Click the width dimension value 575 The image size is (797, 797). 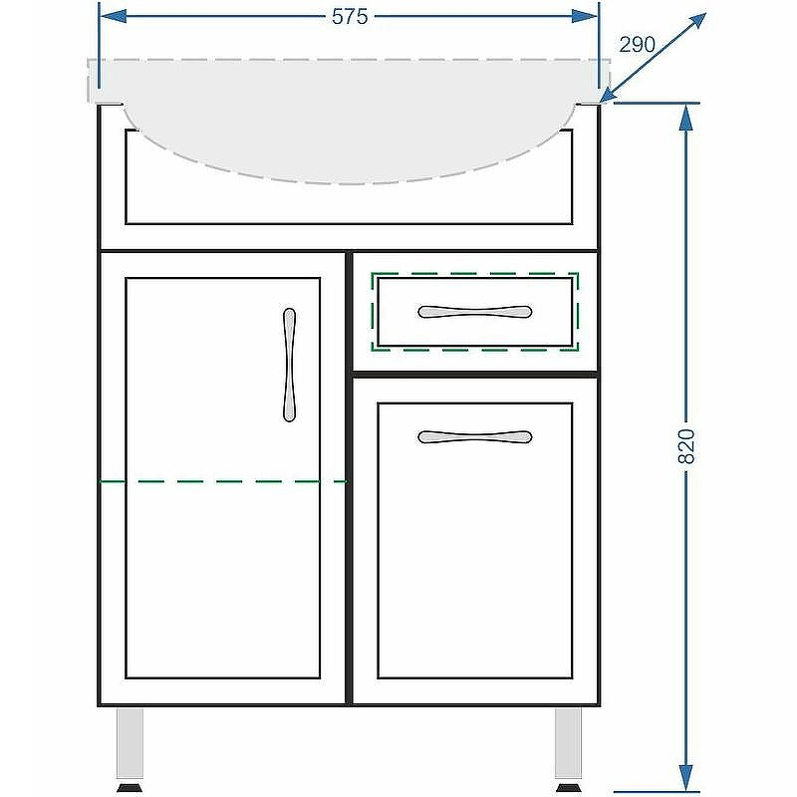[x=350, y=17]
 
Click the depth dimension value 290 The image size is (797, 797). [x=637, y=45]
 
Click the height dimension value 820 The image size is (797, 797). [x=686, y=446]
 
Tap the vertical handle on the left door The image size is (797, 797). [x=289, y=365]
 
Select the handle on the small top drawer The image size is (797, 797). [x=475, y=312]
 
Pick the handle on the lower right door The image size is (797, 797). [x=475, y=436]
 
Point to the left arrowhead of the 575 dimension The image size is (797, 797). [x=114, y=16]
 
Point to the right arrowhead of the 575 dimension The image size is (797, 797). [x=585, y=16]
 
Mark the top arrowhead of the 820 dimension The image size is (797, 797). [x=686, y=117]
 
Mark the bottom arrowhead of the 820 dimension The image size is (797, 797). [x=686, y=778]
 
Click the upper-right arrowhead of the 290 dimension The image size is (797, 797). [x=696, y=22]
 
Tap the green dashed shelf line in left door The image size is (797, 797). [x=222, y=481]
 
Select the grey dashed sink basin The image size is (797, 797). [x=349, y=121]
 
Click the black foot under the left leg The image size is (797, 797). [x=130, y=788]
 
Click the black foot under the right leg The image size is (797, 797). [x=568, y=788]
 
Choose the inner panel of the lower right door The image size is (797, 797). [x=475, y=540]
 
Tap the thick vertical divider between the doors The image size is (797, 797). [x=349, y=478]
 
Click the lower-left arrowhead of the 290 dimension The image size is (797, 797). [x=611, y=94]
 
